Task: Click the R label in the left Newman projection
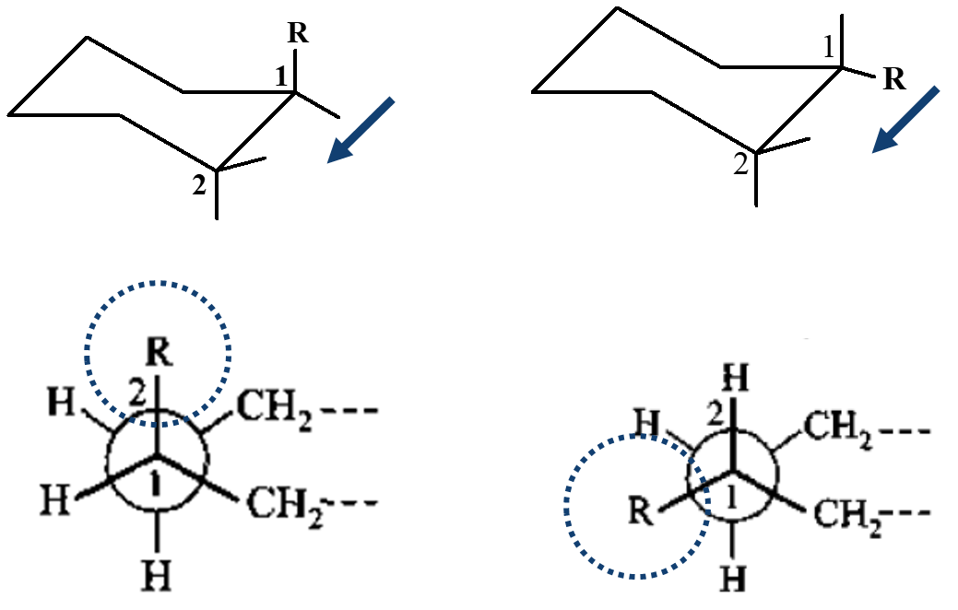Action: coord(157,351)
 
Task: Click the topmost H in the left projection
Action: coord(64,403)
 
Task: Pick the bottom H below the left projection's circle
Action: coord(157,577)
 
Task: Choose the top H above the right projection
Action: coord(734,376)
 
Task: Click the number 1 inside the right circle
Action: coord(734,499)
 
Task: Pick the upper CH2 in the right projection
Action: coord(838,427)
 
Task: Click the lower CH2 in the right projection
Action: coord(846,514)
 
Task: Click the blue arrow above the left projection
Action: coord(361,130)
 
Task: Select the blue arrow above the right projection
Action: coord(905,120)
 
